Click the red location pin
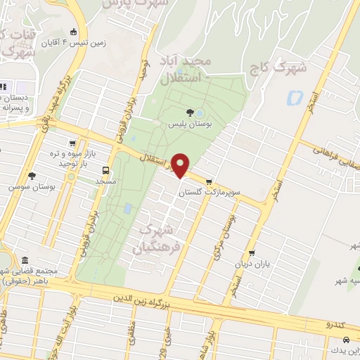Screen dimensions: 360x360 [x=181, y=166]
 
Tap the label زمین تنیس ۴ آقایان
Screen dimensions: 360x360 [x=103, y=42]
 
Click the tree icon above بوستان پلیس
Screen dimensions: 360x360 [x=188, y=112]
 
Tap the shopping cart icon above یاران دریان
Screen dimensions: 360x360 [x=252, y=255]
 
